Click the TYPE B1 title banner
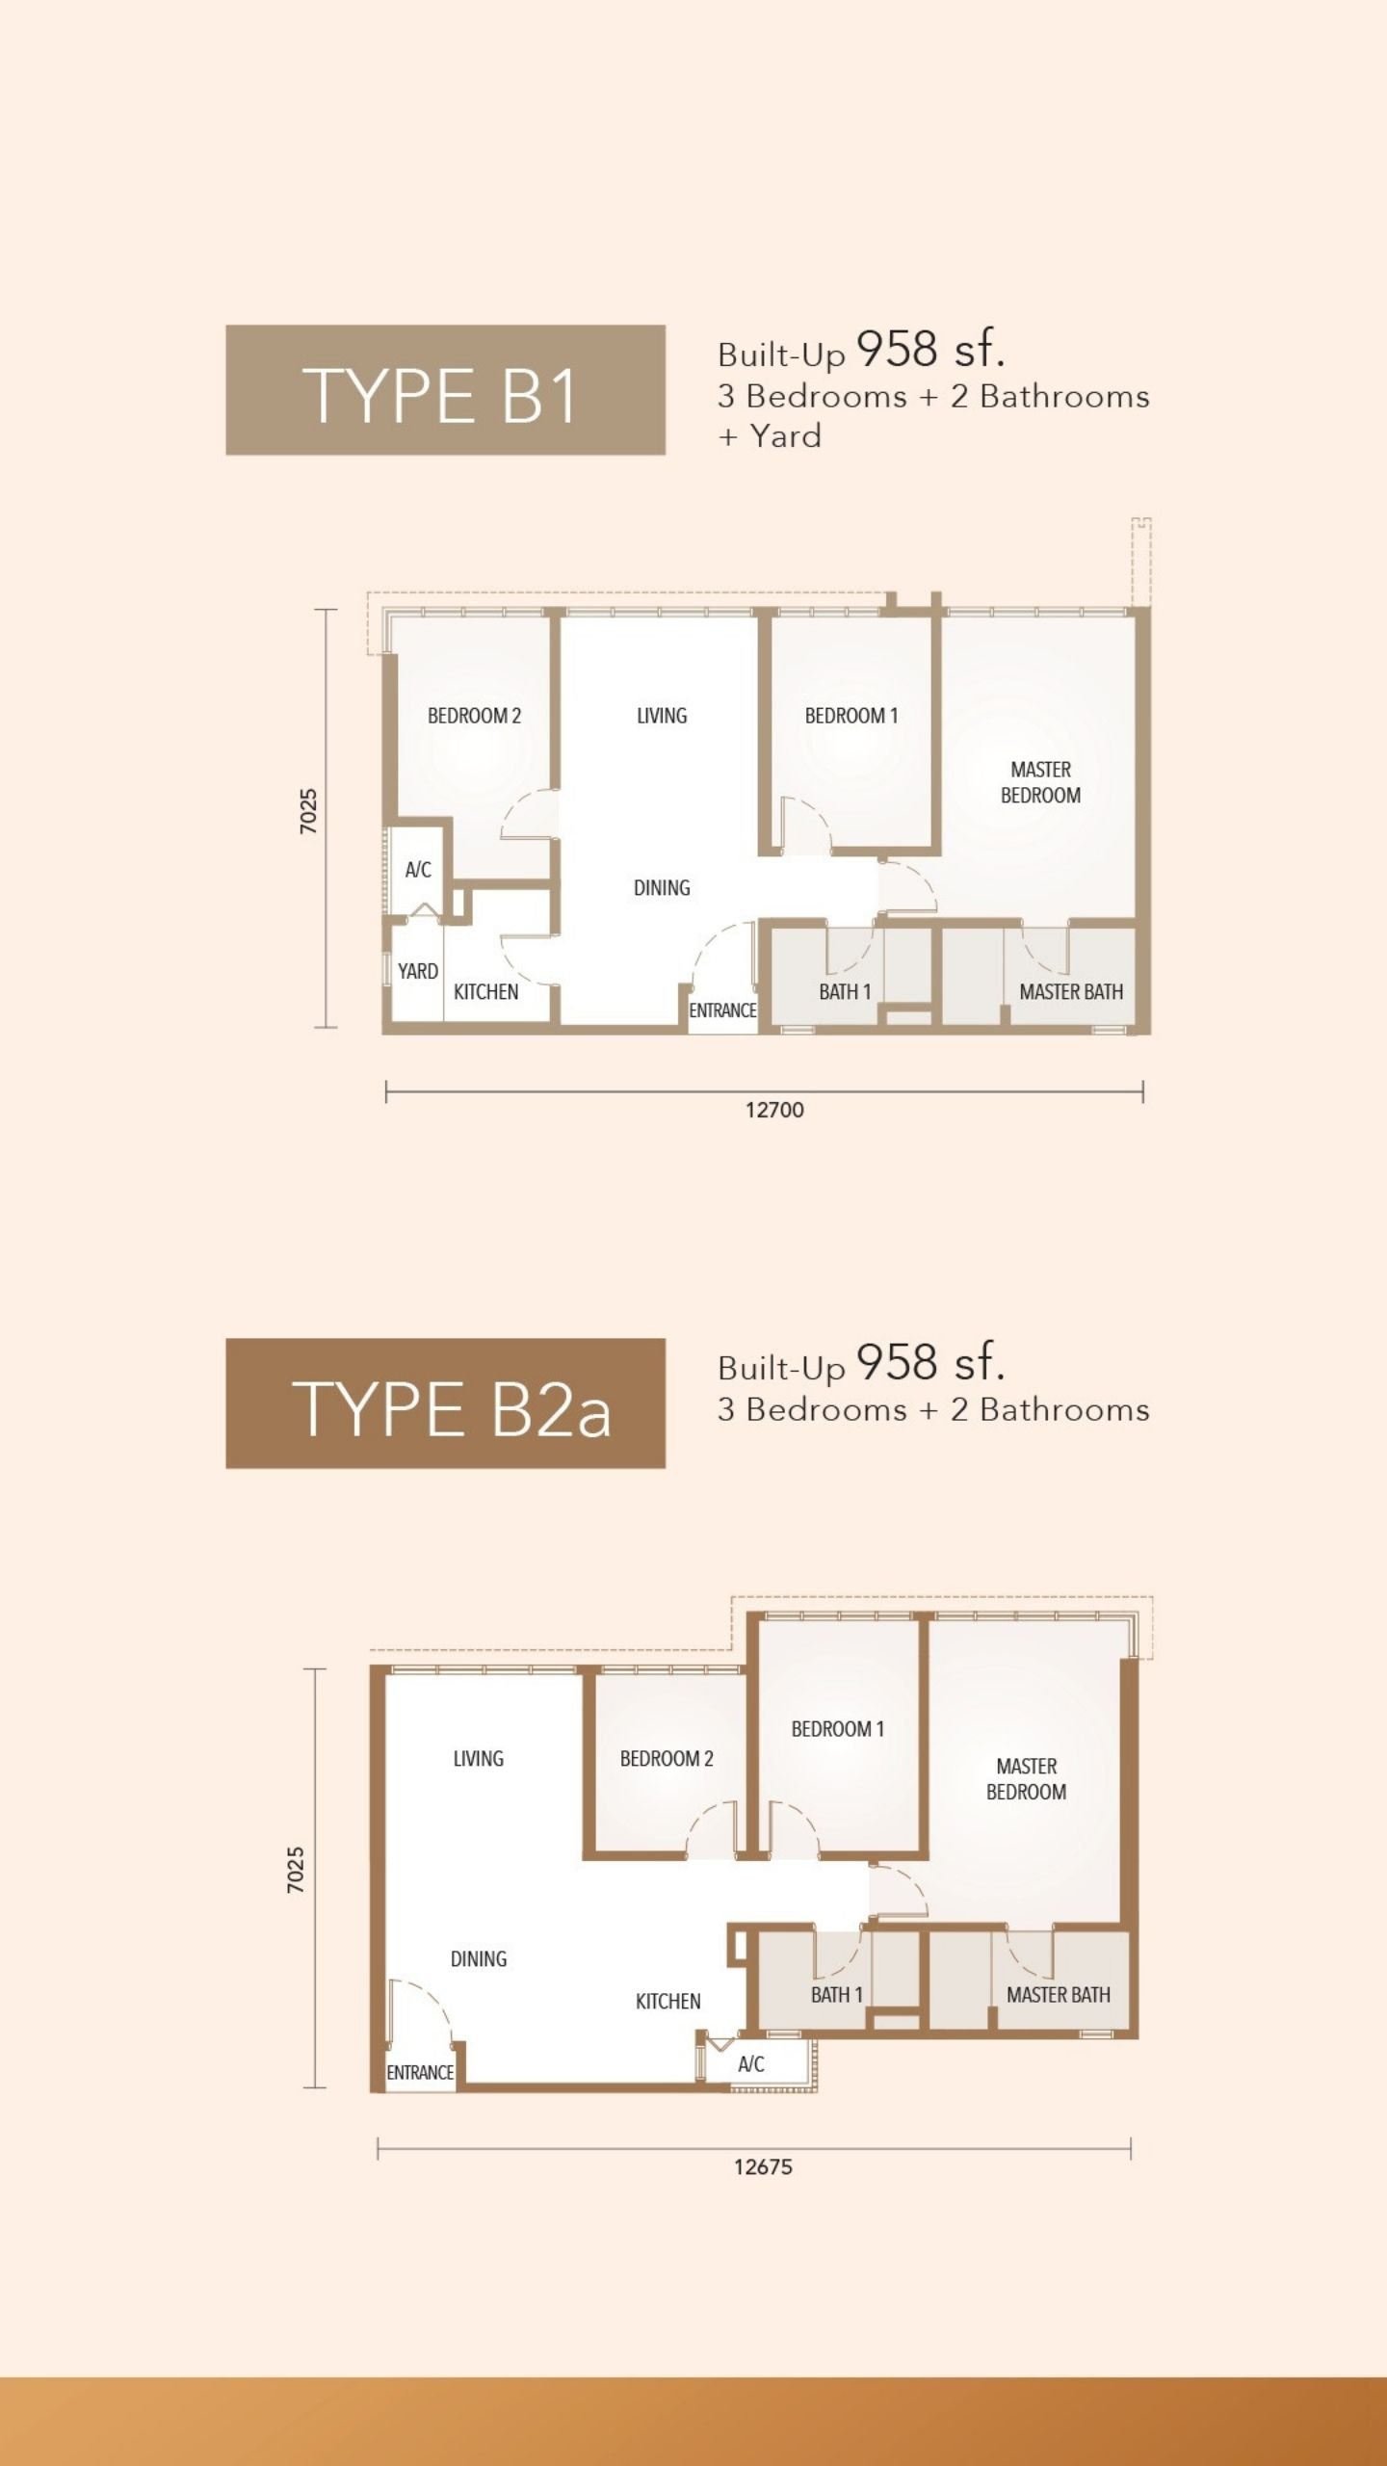445,389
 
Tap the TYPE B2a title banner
445,1403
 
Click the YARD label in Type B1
418,971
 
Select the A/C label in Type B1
418,870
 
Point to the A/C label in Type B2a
751,2063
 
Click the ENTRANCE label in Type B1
722,1010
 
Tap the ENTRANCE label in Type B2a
420,2072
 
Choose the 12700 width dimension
774,1110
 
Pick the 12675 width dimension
763,2166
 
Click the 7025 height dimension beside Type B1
308,811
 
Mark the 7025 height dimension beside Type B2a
296,1870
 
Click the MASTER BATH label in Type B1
1071,991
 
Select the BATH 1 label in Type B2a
837,1994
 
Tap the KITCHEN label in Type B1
485,991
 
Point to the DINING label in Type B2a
479,1958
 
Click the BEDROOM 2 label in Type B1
474,716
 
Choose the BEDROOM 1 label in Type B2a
838,1729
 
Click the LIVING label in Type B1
662,716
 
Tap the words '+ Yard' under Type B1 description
770,436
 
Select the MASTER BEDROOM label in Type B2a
1027,1779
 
